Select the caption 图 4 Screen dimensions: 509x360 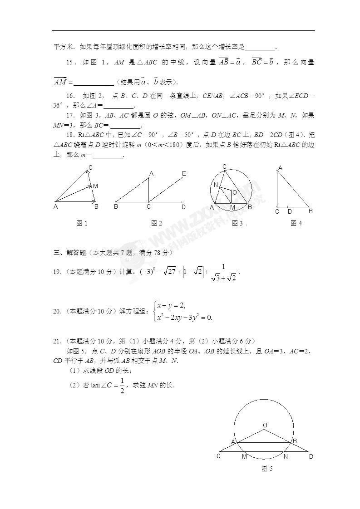click(296, 223)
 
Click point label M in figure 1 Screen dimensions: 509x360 click(95, 186)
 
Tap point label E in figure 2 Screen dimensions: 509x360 click(184, 174)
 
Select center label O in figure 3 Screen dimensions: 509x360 click(234, 192)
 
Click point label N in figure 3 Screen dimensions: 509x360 click(216, 185)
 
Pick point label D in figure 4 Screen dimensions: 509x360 click(289, 212)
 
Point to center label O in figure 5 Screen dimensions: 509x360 click(265, 425)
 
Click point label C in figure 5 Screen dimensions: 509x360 click(218, 456)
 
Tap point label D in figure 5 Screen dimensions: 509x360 click(311, 456)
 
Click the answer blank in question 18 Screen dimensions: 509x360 click(108, 155)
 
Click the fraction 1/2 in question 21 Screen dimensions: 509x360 click(121, 386)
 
